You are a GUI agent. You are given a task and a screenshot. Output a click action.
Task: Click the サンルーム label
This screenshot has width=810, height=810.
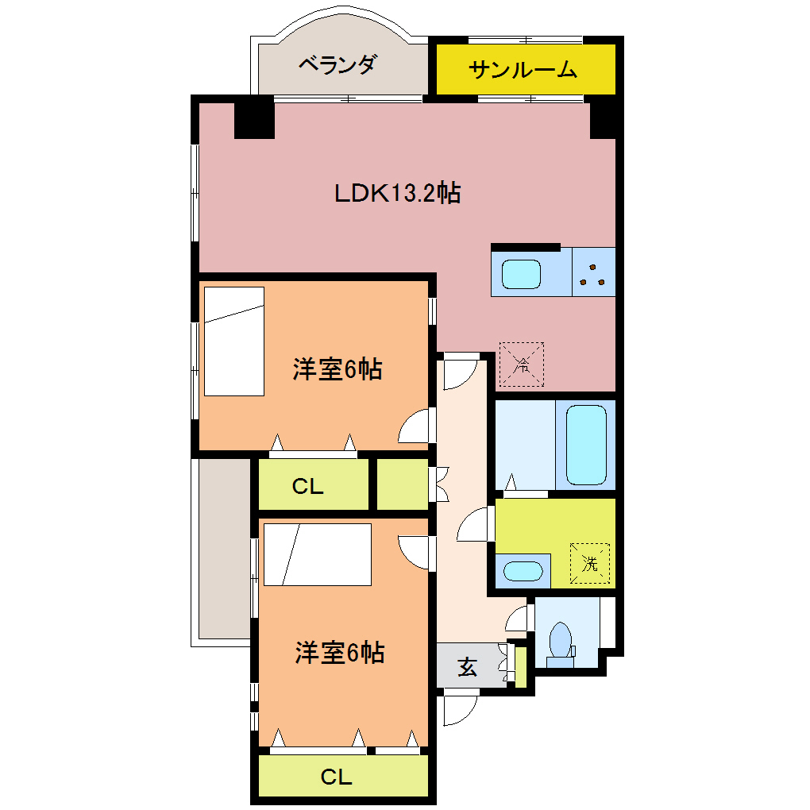coord(523,70)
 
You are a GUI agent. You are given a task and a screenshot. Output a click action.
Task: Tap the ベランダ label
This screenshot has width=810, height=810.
coord(337,64)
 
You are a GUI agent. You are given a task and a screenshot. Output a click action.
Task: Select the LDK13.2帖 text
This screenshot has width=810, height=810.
coord(397,192)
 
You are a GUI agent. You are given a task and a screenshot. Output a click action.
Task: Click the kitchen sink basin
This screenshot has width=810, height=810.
coord(522,273)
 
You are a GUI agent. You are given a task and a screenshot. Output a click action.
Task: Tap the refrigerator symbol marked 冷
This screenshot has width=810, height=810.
coord(521,364)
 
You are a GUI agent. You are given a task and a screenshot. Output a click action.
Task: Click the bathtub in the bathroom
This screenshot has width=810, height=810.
coord(587,444)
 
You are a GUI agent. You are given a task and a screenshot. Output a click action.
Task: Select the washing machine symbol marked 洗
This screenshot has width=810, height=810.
coord(589,563)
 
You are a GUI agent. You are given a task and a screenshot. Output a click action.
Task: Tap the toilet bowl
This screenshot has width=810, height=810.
coord(561,640)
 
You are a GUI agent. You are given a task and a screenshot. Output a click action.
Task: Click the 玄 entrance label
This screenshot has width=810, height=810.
coord(467,668)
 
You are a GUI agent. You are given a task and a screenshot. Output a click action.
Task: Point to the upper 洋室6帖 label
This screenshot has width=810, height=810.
coord(337,369)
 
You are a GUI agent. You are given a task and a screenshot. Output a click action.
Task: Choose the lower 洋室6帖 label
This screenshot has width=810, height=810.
coord(340,652)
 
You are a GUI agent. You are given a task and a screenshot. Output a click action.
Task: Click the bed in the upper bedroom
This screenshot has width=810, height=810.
coord(234,341)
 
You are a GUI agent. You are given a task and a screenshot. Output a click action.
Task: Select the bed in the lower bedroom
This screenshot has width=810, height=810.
coord(318,554)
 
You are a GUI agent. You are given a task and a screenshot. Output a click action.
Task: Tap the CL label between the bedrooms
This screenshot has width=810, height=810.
coord(307,487)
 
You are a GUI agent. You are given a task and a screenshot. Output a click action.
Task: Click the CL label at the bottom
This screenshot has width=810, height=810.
coord(336,777)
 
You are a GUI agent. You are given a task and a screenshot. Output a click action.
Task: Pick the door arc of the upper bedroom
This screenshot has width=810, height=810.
coord(415,427)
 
